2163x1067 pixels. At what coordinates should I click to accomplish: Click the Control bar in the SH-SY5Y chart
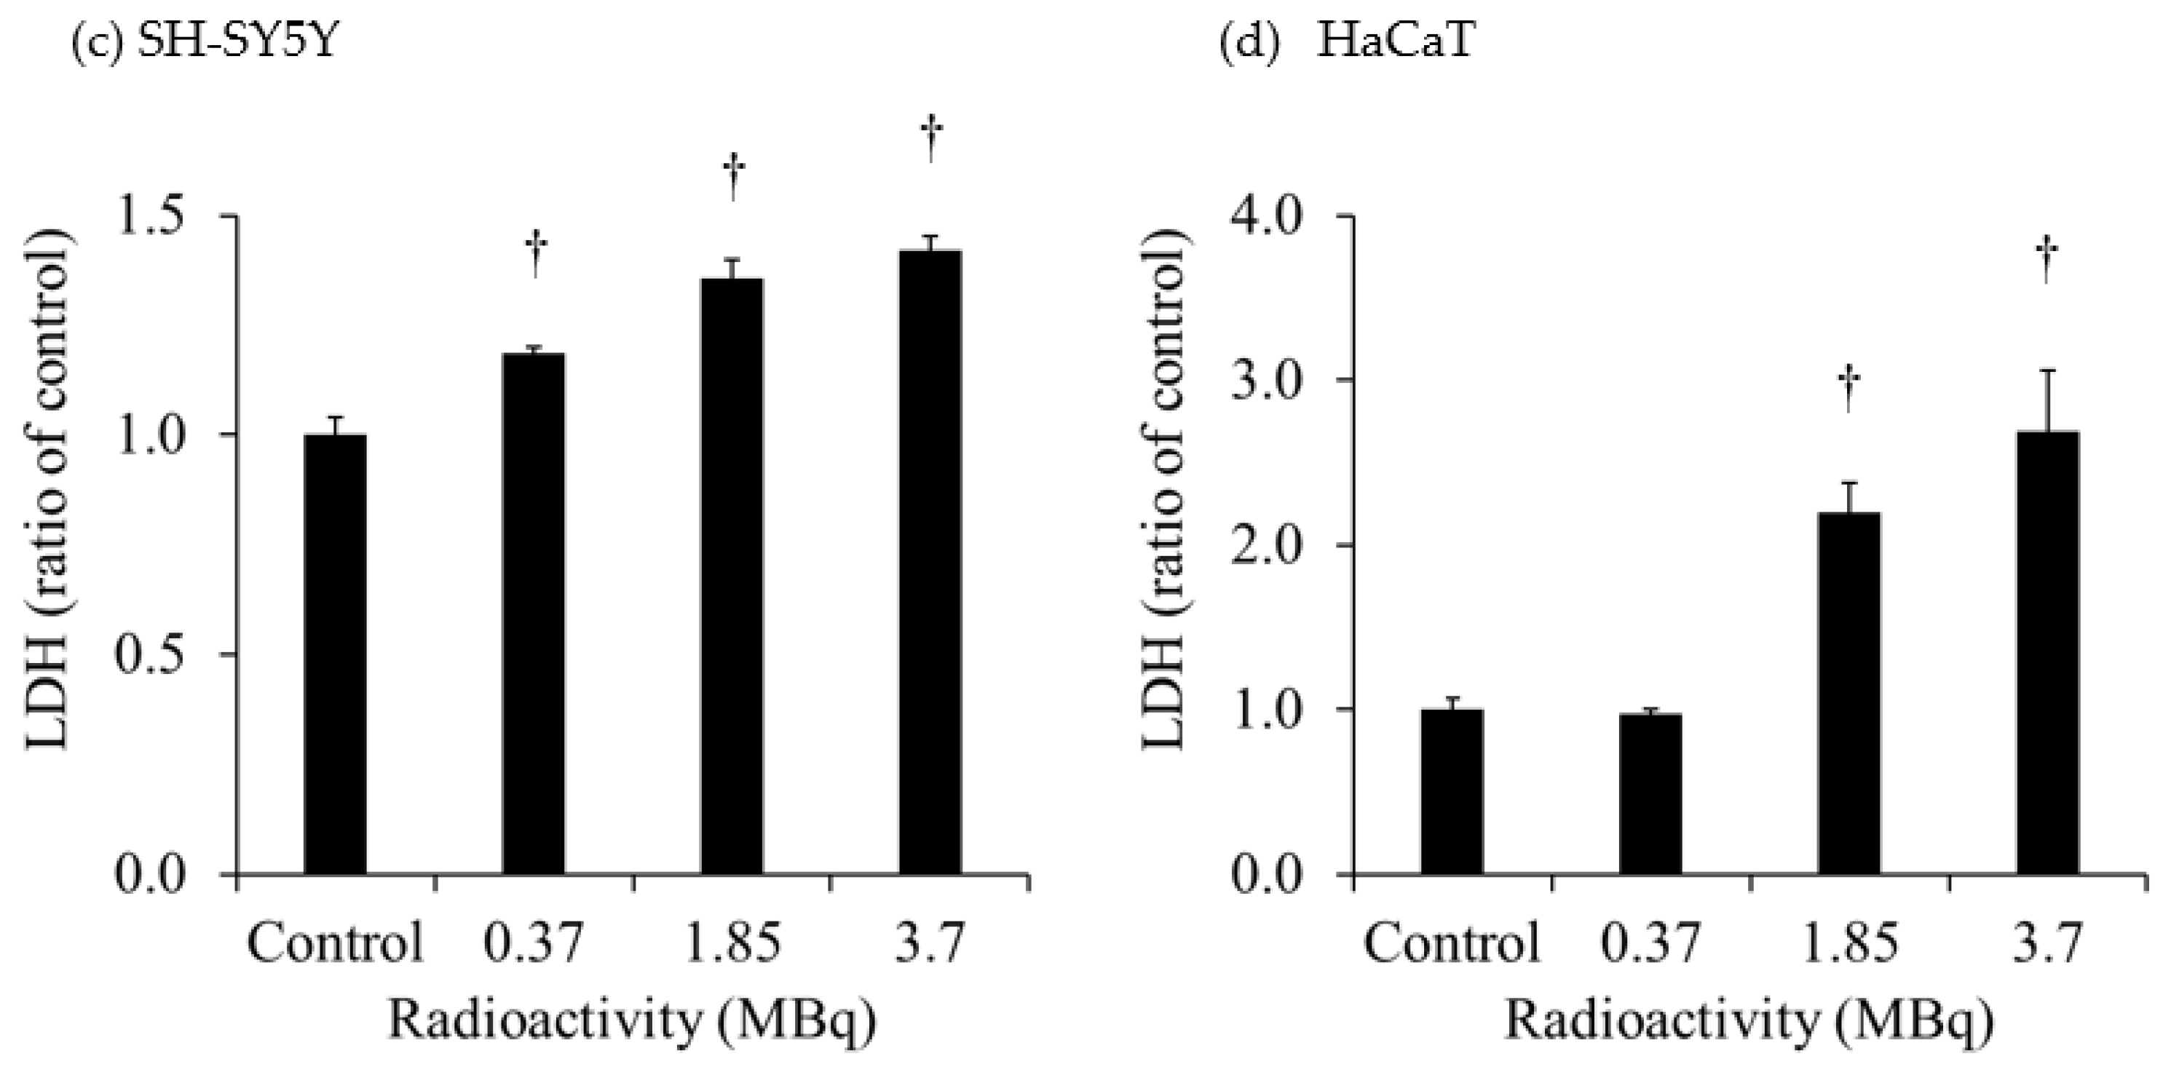pyautogui.click(x=335, y=655)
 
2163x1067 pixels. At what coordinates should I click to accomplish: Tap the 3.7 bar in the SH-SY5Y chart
pyautogui.click(x=930, y=563)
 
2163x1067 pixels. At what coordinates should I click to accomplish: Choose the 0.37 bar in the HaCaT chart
pyautogui.click(x=1650, y=794)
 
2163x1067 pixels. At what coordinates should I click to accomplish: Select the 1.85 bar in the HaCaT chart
pyautogui.click(x=1849, y=694)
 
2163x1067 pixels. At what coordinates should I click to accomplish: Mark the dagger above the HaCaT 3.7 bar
pyautogui.click(x=2047, y=261)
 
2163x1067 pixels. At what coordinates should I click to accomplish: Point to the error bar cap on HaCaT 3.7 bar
pyautogui.click(x=2047, y=371)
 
